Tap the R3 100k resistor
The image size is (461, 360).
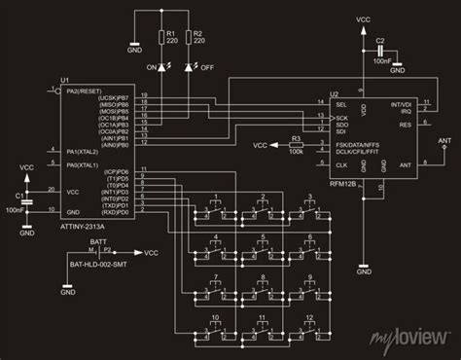click(x=295, y=146)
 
